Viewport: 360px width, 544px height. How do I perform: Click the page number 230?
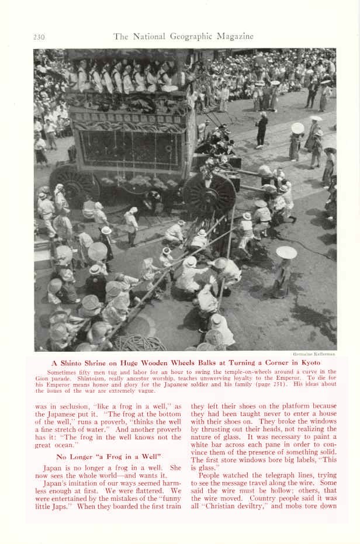[x=39, y=37]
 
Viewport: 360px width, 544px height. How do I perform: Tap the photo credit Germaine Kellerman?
[x=314, y=354]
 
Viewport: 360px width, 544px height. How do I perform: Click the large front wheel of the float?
[x=209, y=195]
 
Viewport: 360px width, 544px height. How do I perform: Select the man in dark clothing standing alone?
[x=262, y=130]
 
